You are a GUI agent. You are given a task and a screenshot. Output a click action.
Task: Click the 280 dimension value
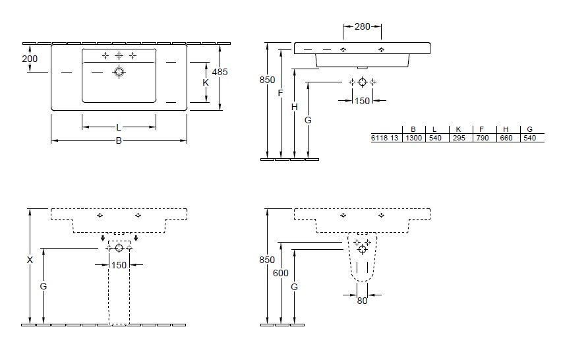tap(362, 26)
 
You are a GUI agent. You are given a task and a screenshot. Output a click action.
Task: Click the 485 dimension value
tap(220, 72)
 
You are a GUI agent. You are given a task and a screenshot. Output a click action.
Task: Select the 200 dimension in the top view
tap(30, 59)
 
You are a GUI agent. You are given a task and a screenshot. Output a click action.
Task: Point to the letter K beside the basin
tap(206, 83)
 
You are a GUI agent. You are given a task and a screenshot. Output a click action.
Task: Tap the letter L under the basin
tap(119, 127)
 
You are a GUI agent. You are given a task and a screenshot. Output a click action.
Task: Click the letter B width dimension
tap(119, 140)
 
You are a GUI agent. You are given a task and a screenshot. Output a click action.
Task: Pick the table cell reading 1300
tap(413, 138)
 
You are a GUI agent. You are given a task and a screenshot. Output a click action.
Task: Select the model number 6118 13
tap(385, 138)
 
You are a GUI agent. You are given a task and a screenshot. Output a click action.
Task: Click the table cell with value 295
tap(459, 138)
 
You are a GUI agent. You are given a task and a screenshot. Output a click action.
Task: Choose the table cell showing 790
tap(482, 138)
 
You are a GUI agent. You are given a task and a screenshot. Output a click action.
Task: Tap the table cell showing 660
tap(506, 138)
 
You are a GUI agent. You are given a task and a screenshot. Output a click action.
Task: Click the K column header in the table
tap(459, 129)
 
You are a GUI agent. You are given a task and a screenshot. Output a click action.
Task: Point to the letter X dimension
tap(30, 260)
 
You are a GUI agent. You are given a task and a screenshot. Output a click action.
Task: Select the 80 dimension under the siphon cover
tap(361, 300)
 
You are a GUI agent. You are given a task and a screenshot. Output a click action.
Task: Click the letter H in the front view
tap(294, 106)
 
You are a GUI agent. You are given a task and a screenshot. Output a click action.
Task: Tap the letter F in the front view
tap(280, 93)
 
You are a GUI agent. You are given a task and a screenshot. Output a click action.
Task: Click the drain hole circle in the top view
tap(119, 72)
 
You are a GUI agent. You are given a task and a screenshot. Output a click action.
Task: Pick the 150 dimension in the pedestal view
tap(119, 265)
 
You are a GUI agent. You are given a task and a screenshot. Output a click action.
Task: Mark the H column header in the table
tap(506, 129)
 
